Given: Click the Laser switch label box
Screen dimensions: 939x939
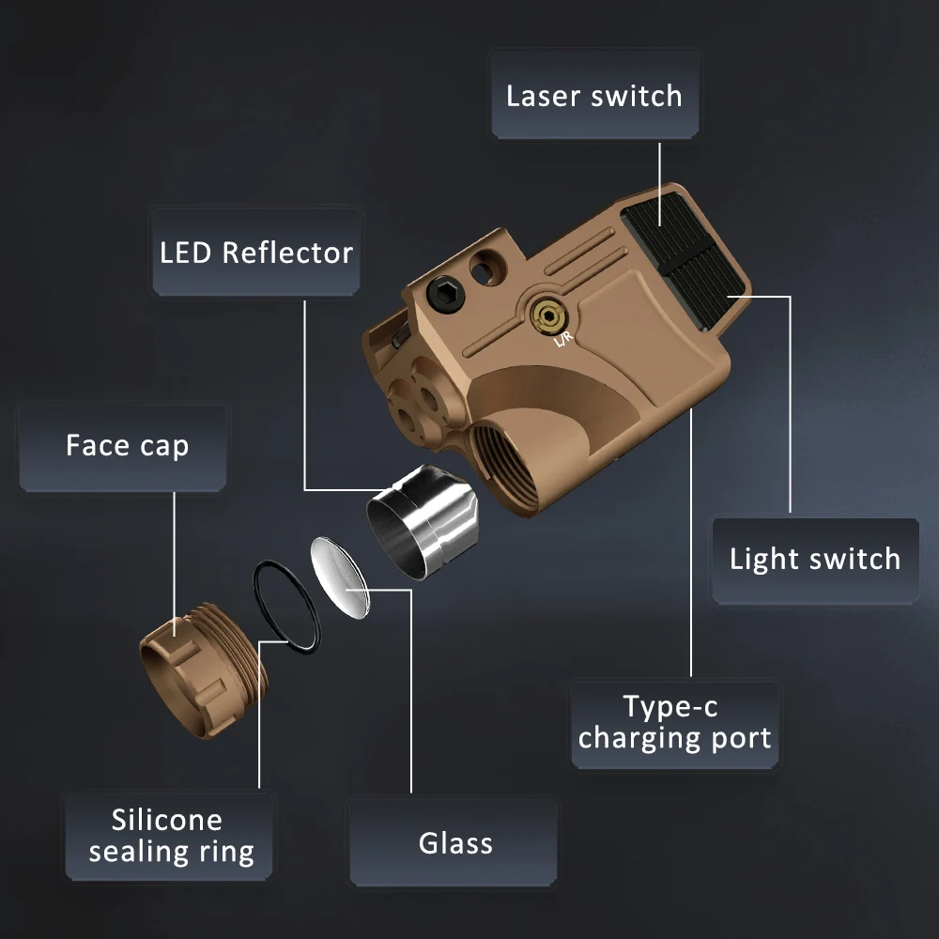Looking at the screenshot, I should pyautogui.click(x=594, y=96).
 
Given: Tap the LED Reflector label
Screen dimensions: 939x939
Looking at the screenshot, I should pyautogui.click(x=255, y=252).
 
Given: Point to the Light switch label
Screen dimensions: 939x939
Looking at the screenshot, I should pyautogui.click(x=814, y=559).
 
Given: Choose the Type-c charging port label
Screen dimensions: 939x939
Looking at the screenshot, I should pyautogui.click(x=674, y=722).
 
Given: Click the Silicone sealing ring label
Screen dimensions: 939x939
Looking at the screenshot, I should pyautogui.click(x=170, y=836).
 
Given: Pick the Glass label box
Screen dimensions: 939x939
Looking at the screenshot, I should pyautogui.click(x=455, y=842).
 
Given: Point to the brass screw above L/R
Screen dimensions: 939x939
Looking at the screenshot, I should pyautogui.click(x=544, y=315).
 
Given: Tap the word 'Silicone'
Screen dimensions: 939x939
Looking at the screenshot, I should pyautogui.click(x=167, y=820).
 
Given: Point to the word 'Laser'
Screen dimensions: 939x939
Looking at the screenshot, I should pyautogui.click(x=540, y=96).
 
